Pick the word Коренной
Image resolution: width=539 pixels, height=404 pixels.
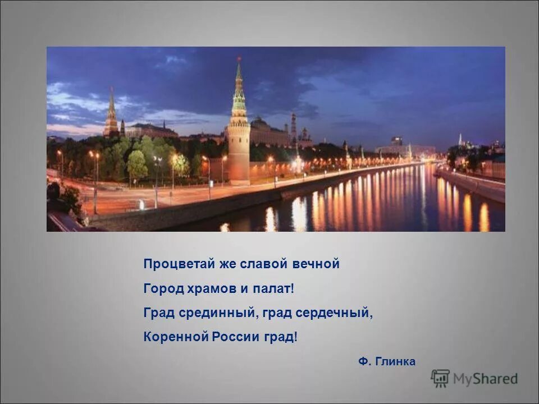pyautogui.click(x=175, y=338)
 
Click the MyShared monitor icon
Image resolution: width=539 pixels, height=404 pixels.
pyautogui.click(x=440, y=378)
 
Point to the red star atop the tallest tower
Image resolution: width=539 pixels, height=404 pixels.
pyautogui.click(x=239, y=58)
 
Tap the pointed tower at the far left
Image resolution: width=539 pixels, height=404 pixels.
pyautogui.click(x=111, y=115)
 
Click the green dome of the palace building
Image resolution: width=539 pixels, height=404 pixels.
pyautogui.click(x=260, y=122)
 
